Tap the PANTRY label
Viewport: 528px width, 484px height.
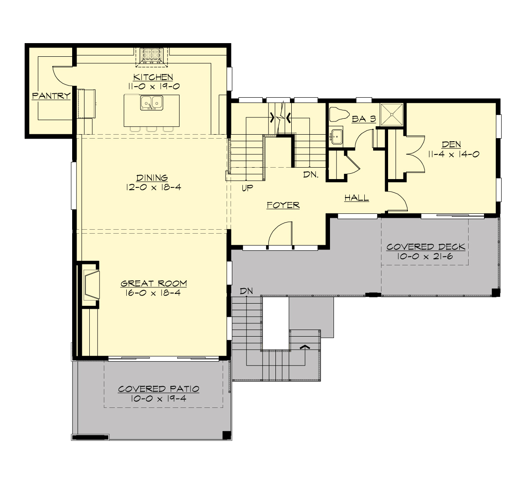pyautogui.click(x=51, y=95)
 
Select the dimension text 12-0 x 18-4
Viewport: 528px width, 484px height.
pyautogui.click(x=152, y=187)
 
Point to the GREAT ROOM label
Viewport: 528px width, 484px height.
pyautogui.click(x=154, y=283)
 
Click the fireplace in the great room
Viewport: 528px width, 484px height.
pyautogui.click(x=91, y=284)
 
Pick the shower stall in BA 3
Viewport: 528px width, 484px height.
pyautogui.click(x=391, y=114)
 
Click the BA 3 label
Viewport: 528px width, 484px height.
pyautogui.click(x=364, y=118)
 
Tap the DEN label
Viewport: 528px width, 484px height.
pyautogui.click(x=451, y=145)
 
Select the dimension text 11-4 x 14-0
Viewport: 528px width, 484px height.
pyautogui.click(x=453, y=154)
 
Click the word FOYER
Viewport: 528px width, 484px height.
pyautogui.click(x=283, y=205)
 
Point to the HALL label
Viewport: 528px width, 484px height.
pyautogui.click(x=356, y=198)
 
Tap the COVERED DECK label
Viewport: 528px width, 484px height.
pyautogui.click(x=425, y=247)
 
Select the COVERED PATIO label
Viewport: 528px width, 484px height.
pyautogui.click(x=158, y=389)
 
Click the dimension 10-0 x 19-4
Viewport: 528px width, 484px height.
pyautogui.click(x=158, y=399)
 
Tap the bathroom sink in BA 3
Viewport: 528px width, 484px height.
pyautogui.click(x=337, y=136)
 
